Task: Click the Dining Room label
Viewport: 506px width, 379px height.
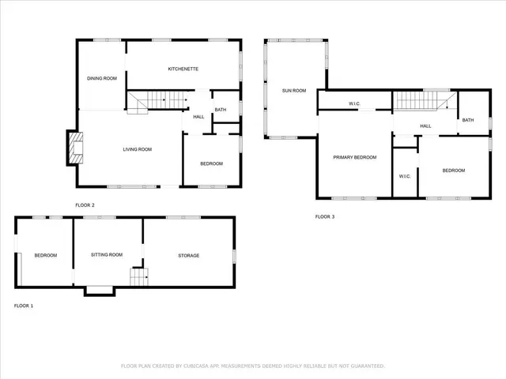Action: pos(102,78)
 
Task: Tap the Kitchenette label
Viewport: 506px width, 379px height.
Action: pos(183,69)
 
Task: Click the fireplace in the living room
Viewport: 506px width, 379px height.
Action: pos(74,148)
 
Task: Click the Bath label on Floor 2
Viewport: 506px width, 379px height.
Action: pos(221,110)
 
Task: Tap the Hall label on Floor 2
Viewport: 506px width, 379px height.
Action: pos(198,117)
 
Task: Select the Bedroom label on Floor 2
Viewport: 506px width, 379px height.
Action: pos(211,163)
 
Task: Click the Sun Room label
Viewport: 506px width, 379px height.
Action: pos(294,91)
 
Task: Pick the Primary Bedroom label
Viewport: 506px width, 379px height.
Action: pos(354,158)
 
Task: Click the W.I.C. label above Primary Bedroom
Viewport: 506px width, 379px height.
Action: pos(355,104)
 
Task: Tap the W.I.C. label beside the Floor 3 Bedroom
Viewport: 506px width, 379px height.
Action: pos(404,176)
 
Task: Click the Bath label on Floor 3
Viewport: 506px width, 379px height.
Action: pos(468,120)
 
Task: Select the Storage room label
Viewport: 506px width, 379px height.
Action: pos(188,255)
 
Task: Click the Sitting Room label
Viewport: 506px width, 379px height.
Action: pos(107,255)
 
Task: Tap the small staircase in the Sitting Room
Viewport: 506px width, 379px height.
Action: pos(139,278)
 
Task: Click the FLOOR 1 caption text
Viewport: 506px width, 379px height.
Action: pos(24,306)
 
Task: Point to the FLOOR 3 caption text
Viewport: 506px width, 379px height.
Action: pos(325,216)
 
